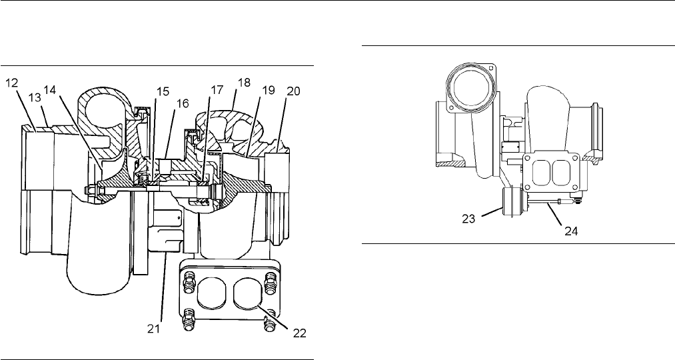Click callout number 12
tap(11, 83)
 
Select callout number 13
tap(35, 98)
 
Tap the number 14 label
tap(50, 91)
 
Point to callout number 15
tap(163, 92)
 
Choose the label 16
tap(182, 104)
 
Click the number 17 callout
tap(217, 89)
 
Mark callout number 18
tap(244, 82)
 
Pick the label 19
tap(269, 91)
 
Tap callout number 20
tap(293, 91)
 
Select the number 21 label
tap(154, 329)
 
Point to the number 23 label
tap(469, 219)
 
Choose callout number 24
tap(571, 231)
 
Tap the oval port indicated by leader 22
tap(248, 294)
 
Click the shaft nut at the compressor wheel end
tap(92, 190)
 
